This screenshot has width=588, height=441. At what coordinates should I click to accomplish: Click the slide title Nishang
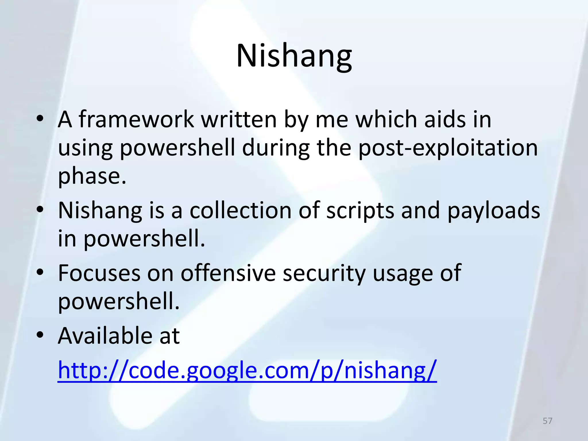pos(294,56)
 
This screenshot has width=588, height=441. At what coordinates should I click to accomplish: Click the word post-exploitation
pos(448,148)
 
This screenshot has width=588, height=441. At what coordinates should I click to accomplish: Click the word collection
pos(241,210)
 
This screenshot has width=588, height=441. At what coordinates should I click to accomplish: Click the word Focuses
pos(99,273)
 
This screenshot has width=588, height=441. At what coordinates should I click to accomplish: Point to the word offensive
pos(228,273)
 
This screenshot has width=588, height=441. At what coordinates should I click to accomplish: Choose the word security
pos(324,274)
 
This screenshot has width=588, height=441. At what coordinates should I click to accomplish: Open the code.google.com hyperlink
pos(247,370)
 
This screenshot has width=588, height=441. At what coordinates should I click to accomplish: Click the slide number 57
pos(547,421)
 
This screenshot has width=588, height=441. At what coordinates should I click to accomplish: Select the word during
pos(276,148)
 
